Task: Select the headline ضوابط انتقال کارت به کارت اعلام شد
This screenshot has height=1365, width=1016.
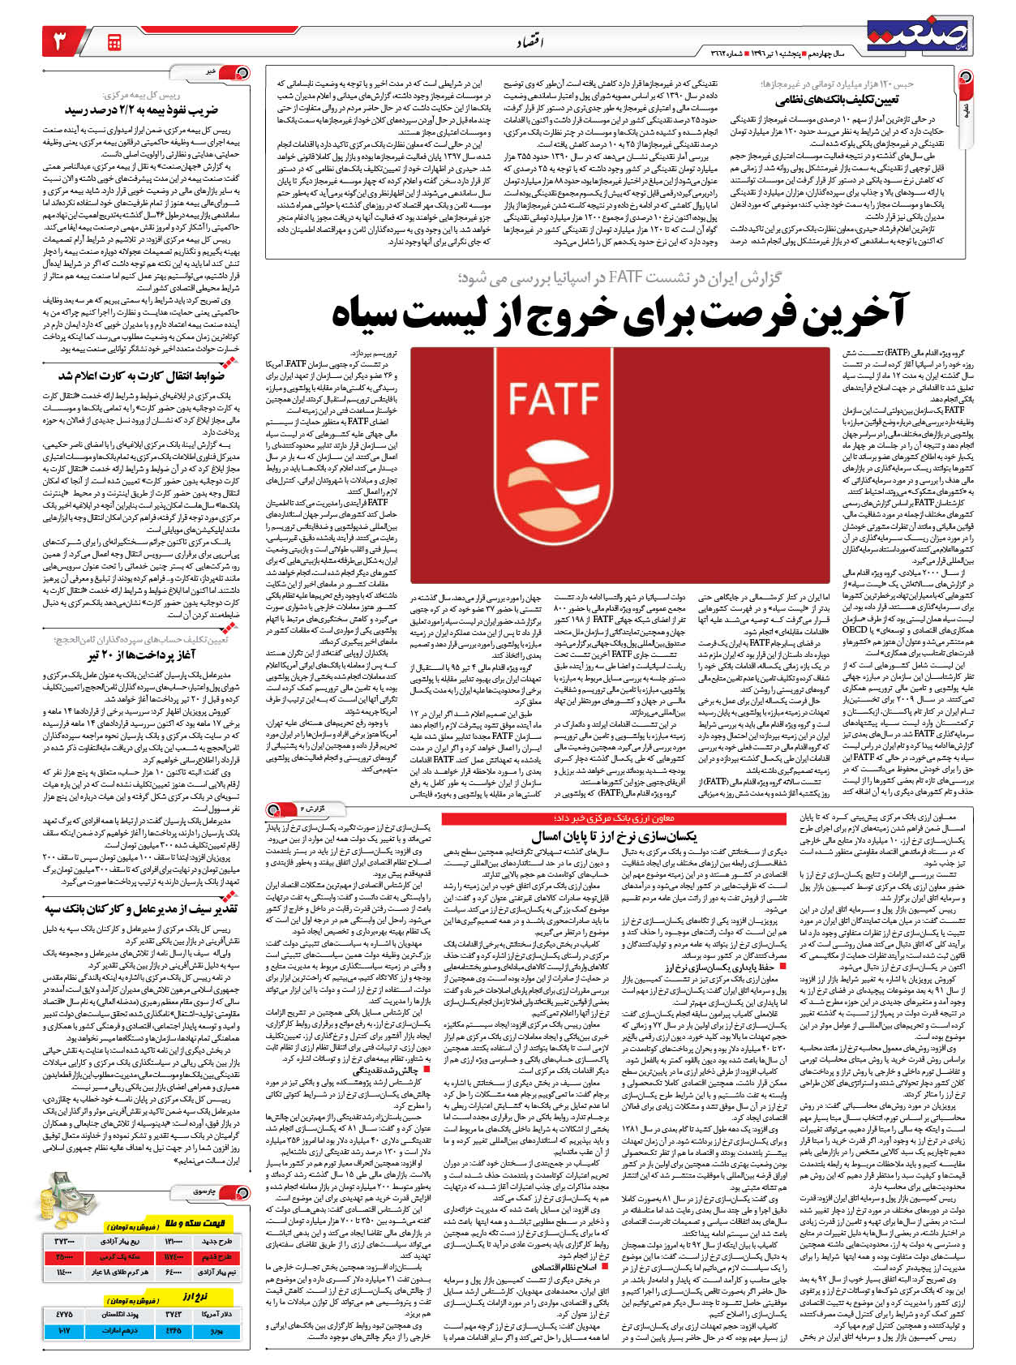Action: pos(141,376)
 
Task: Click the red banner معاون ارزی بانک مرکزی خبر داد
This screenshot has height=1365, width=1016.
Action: pos(614,818)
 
